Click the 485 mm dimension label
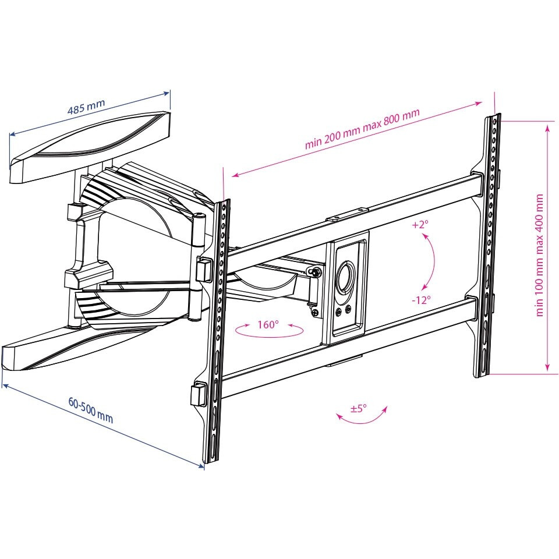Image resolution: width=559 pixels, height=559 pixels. tap(86, 106)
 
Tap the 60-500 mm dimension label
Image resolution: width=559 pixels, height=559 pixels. tap(91, 411)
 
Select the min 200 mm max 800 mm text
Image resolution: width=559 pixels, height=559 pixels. tap(362, 128)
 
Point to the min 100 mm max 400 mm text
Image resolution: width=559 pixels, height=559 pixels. tap(539, 255)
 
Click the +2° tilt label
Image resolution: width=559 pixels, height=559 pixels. tap(420, 225)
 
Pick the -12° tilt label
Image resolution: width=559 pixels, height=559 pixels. tap(421, 300)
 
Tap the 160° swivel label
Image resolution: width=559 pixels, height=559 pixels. tap(268, 324)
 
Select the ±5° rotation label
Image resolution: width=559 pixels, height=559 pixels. tap(358, 408)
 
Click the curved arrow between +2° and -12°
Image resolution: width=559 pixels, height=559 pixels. tap(430, 262)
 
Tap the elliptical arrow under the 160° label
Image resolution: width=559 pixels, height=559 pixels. tap(269, 331)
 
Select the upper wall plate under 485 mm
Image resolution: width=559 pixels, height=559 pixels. tap(90, 147)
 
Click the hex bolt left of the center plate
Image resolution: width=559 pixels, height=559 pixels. tap(316, 272)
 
